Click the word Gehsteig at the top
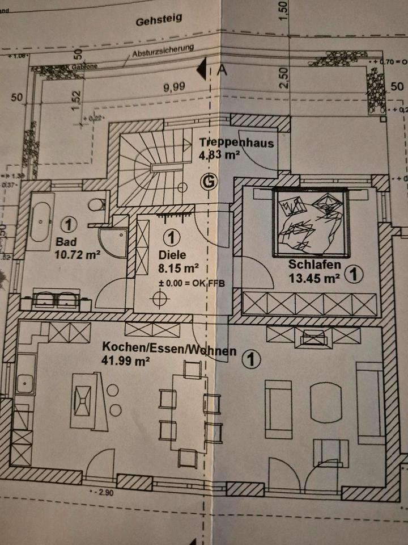coord(159,21)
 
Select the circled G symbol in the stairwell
coord(210,182)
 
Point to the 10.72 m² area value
coord(77,254)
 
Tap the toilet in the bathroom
coord(98,204)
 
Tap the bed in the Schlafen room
coord(311,221)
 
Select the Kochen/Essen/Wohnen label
coord(169,348)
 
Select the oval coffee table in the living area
coord(325,401)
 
